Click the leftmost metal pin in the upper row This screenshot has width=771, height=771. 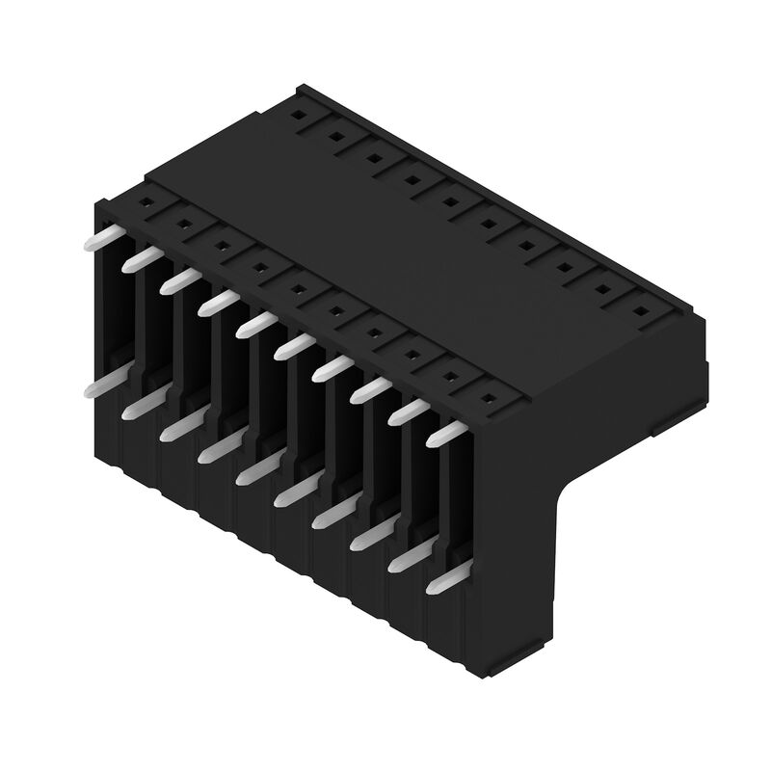point(99,237)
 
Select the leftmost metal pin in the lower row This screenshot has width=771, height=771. point(99,385)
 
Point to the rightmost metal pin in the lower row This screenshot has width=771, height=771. point(445,581)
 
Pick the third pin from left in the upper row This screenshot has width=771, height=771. point(176,280)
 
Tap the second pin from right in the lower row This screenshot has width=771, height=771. point(407,559)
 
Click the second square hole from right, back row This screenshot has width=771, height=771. point(603,289)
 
